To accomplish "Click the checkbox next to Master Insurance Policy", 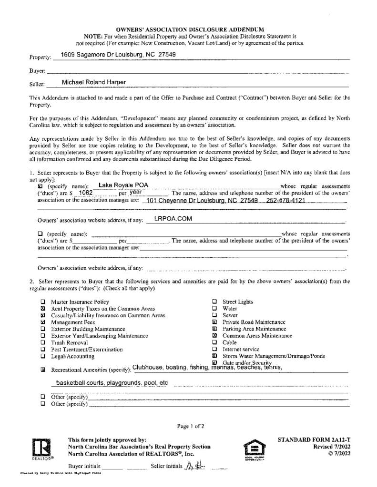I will (x=43, y=302).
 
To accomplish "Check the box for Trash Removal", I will (x=43, y=342).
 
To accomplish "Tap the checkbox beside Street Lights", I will (x=214, y=302).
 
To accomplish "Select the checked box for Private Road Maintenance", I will (x=214, y=322).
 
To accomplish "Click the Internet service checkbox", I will (x=214, y=349).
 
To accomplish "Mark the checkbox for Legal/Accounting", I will (x=43, y=356).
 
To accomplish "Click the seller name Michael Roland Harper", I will (x=94, y=82).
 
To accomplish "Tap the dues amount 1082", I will (x=86, y=193).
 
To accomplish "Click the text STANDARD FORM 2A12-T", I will (x=314, y=440).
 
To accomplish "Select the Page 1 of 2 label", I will (x=191, y=426).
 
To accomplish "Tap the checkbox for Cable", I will (x=214, y=342).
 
